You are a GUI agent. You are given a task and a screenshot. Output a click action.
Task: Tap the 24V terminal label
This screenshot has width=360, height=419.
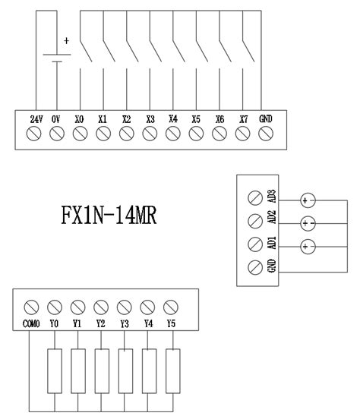(x=35, y=119)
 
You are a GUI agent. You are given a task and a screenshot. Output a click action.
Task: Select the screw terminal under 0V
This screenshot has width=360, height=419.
(x=57, y=134)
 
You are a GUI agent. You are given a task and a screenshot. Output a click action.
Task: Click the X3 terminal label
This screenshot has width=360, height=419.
(x=150, y=119)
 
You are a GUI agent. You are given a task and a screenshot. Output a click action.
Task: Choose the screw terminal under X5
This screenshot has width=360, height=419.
(x=196, y=134)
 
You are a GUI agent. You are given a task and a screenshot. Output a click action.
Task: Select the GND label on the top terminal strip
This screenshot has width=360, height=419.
(x=266, y=119)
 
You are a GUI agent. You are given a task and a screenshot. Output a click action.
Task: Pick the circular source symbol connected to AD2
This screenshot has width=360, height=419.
(x=308, y=223)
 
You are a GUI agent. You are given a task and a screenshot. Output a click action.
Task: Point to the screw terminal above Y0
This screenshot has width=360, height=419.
(x=53, y=307)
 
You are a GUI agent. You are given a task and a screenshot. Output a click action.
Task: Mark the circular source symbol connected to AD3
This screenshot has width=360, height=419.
(x=308, y=200)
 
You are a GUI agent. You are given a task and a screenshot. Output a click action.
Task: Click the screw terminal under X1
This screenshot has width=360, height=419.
(x=103, y=134)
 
